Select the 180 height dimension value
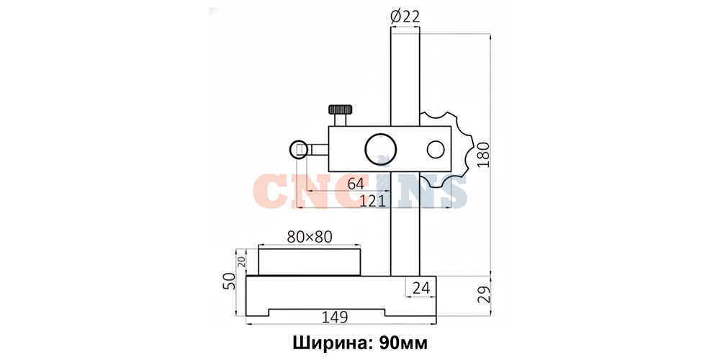click(483, 154)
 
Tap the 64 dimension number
click(356, 184)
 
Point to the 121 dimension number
click(372, 201)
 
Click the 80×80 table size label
click(309, 235)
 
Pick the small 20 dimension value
click(242, 262)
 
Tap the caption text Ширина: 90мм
click(360, 341)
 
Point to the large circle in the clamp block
click(379, 149)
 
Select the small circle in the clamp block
click(435, 149)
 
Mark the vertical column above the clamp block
click(405, 72)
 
